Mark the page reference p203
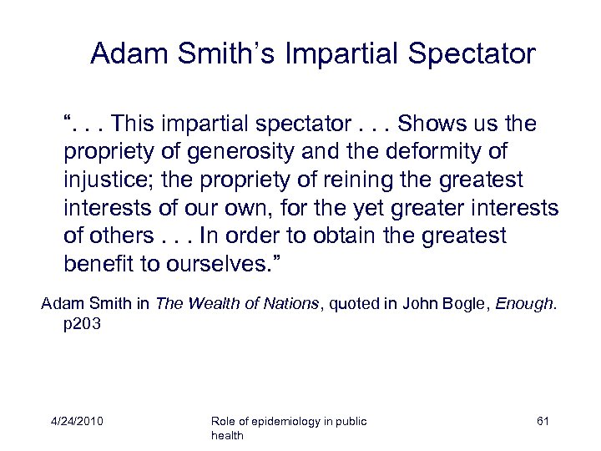pyautogui.click(x=82, y=322)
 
